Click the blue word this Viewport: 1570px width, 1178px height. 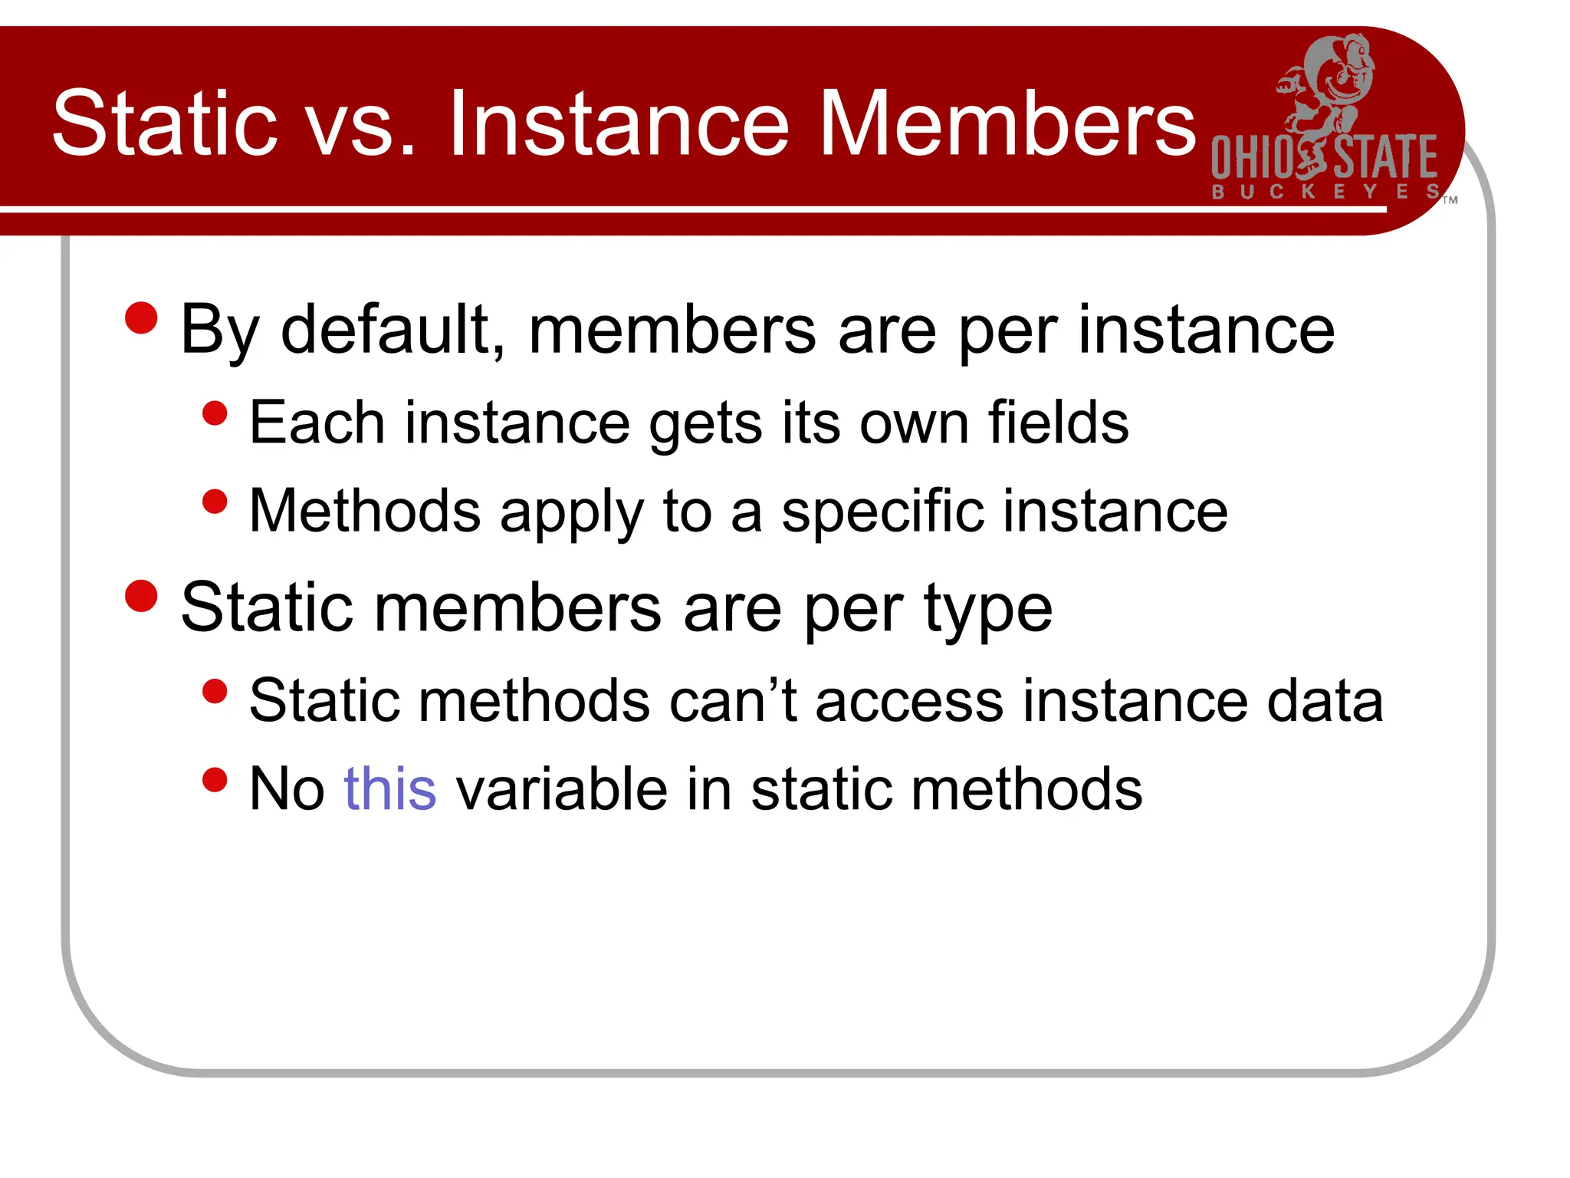pos(390,788)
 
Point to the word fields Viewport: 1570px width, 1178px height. pos(1058,422)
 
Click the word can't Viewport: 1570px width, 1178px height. pos(732,700)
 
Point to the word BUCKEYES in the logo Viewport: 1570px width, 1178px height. pos(1325,192)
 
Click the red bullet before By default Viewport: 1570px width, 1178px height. pos(141,318)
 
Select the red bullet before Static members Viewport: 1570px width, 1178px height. pos(141,596)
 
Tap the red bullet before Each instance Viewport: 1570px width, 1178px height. pos(215,413)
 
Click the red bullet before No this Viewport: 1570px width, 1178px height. pos(215,780)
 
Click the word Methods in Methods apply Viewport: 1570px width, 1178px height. pos(365,511)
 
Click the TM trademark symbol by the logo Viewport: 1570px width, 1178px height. pos(1450,200)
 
